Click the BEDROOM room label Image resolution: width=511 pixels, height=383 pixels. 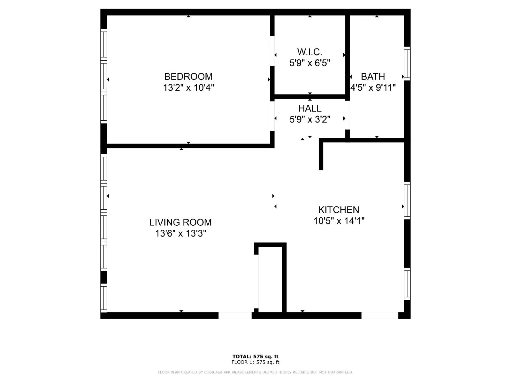pyautogui.click(x=188, y=77)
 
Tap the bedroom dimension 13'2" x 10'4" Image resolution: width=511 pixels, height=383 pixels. pyautogui.click(x=188, y=87)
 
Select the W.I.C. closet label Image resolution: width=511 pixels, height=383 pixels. pyautogui.click(x=309, y=52)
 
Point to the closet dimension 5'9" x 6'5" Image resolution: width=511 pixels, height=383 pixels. pyautogui.click(x=309, y=63)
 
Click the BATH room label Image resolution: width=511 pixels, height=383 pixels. pyautogui.click(x=373, y=77)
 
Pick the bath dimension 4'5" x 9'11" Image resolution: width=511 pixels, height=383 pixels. pyautogui.click(x=373, y=87)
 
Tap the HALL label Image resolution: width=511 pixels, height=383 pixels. pyautogui.click(x=310, y=108)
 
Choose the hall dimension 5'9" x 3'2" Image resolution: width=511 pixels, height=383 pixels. pyautogui.click(x=310, y=119)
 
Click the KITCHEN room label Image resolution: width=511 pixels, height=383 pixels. pyautogui.click(x=339, y=210)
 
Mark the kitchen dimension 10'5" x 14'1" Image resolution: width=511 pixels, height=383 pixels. pyautogui.click(x=339, y=221)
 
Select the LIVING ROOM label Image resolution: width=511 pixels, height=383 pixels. pyautogui.click(x=180, y=222)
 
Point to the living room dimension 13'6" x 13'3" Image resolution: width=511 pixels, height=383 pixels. pyautogui.click(x=180, y=234)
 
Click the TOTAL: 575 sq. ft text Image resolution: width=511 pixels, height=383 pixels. pyautogui.click(x=255, y=357)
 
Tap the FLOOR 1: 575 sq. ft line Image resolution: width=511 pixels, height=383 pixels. pyautogui.click(x=255, y=362)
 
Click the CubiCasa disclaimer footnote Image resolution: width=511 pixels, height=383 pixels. pyautogui.click(x=255, y=372)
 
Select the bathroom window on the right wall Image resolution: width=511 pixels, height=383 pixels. pyautogui.click(x=407, y=64)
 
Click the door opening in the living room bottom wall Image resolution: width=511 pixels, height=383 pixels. pyautogui.click(x=235, y=315)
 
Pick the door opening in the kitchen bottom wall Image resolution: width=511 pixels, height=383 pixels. pyautogui.click(x=380, y=315)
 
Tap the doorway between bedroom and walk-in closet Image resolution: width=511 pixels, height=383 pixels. pyautogui.click(x=272, y=51)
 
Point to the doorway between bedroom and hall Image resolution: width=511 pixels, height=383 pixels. pyautogui.click(x=272, y=116)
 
